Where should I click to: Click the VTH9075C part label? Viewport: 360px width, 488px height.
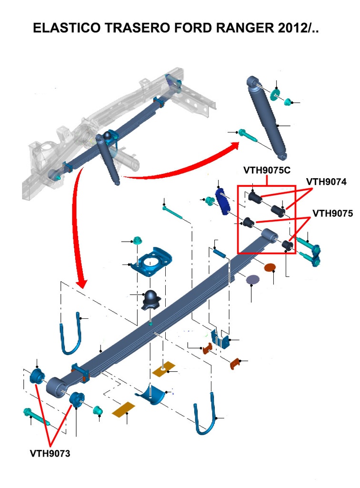pos(267,169)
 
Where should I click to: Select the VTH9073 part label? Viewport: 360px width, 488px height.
pos(50,454)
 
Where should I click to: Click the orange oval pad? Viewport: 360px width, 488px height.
pos(270,267)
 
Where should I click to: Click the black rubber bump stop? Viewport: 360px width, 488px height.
pos(152,300)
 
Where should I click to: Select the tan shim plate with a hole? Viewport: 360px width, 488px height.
pos(164,369)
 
